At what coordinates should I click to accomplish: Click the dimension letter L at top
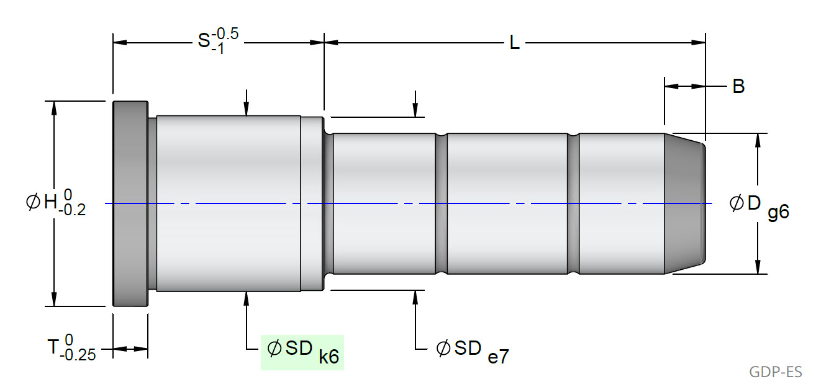[514, 43]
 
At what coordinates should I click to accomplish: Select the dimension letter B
[738, 86]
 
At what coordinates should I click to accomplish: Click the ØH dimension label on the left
[56, 203]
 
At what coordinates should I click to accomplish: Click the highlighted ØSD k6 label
[302, 352]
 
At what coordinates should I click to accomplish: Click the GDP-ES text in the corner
[776, 372]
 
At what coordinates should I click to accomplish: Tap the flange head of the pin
[130, 203]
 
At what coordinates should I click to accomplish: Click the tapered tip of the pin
[685, 203]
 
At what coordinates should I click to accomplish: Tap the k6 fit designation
[329, 358]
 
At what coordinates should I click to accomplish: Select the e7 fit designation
[498, 357]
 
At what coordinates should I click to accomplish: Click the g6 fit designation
[778, 213]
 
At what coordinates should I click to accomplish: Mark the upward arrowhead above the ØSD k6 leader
[247, 297]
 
